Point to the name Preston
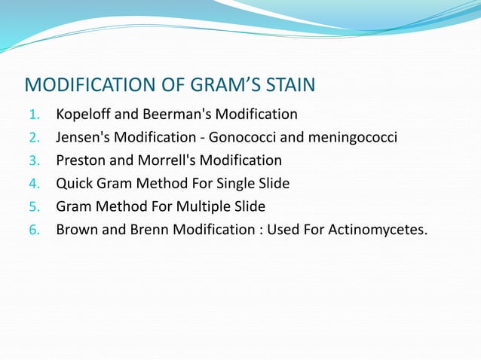click(80, 160)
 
